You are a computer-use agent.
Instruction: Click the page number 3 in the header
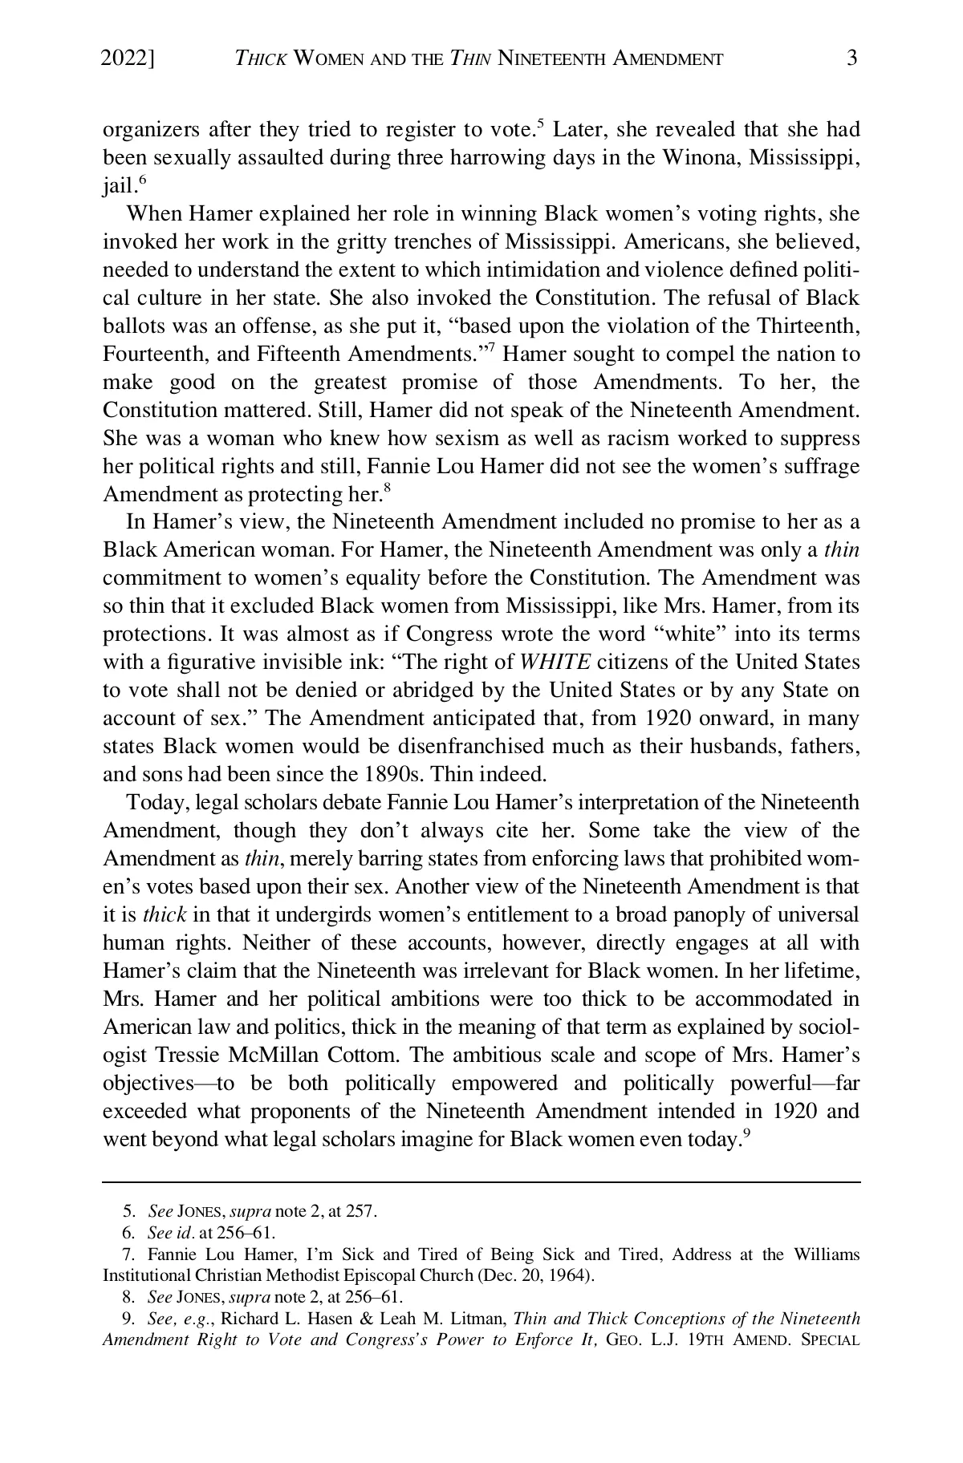point(852,58)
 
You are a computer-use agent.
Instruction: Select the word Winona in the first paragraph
point(701,157)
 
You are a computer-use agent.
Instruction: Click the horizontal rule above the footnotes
point(481,1181)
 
